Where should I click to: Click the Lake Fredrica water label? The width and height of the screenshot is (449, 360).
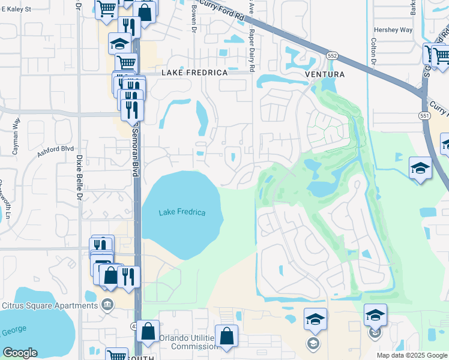182,212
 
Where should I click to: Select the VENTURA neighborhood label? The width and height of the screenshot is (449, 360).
325,74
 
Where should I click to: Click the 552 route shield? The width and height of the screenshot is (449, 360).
332,55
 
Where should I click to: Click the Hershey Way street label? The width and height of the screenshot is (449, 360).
398,29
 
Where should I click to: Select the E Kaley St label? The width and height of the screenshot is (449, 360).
16,10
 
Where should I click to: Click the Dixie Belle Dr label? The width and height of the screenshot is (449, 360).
79,176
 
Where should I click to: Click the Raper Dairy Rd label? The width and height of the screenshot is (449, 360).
252,50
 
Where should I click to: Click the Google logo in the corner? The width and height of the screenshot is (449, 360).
20,353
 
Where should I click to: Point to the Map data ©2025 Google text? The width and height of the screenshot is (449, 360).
411,355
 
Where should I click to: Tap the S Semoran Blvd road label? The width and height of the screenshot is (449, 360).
136,150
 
